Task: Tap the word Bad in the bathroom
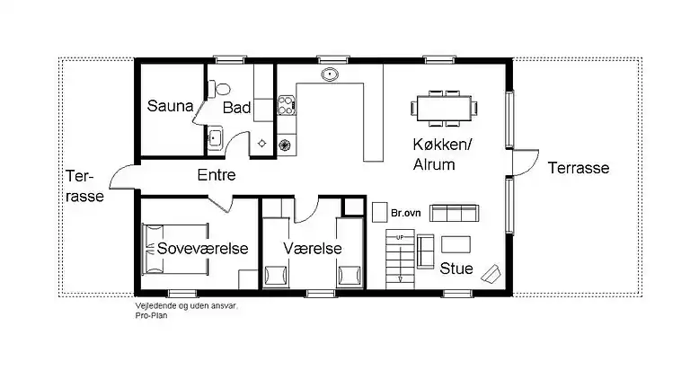click(236, 109)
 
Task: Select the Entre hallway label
click(217, 175)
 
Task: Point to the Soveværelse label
click(202, 247)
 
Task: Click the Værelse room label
click(310, 247)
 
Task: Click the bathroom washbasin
click(215, 137)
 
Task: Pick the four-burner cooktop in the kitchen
click(287, 106)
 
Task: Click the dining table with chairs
click(444, 107)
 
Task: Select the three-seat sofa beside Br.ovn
click(455, 213)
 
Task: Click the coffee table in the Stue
click(455, 242)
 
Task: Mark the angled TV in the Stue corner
click(491, 272)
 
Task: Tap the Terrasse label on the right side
click(579, 168)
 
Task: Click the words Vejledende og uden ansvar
click(187, 306)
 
